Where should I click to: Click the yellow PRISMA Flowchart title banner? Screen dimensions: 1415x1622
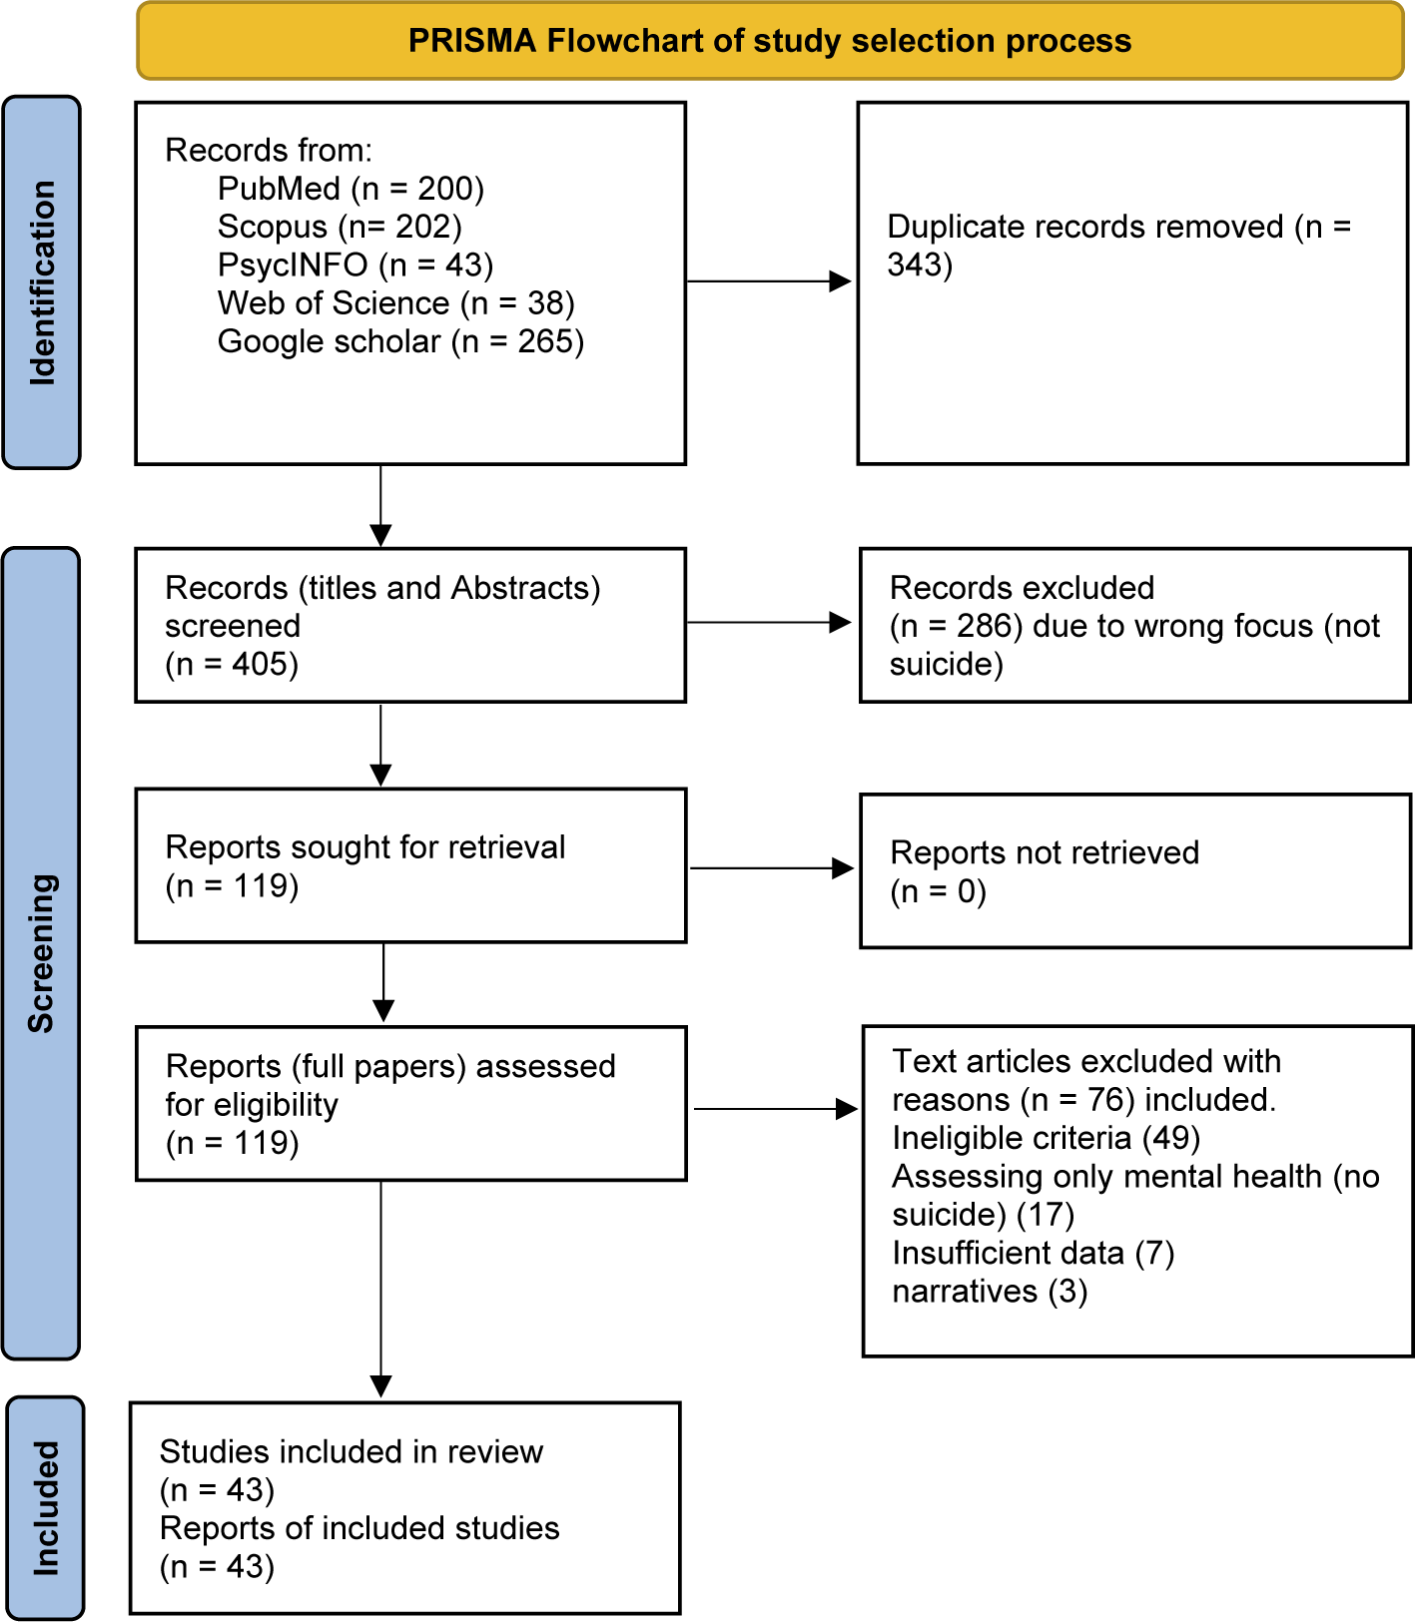[x=770, y=41]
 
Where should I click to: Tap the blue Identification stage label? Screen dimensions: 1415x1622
[x=42, y=282]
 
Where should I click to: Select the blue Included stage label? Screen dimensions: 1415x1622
[x=45, y=1507]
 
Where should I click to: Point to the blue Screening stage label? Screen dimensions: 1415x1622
[x=41, y=953]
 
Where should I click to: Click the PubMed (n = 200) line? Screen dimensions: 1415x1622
[x=351, y=189]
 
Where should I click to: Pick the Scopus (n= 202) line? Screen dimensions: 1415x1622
[x=340, y=227]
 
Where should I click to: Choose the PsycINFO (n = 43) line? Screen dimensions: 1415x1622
[x=355, y=265]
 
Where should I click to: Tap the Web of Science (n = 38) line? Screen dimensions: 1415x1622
[x=395, y=302]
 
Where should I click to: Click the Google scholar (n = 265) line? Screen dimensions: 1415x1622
[x=400, y=341]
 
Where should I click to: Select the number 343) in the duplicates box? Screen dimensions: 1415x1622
[x=920, y=265]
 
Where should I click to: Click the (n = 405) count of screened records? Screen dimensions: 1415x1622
[x=232, y=664]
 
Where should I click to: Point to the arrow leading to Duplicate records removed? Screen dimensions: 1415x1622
[x=769, y=281]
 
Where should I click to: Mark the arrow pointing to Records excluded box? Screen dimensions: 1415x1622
[x=769, y=623]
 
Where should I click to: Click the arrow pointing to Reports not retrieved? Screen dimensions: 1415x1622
[x=773, y=868]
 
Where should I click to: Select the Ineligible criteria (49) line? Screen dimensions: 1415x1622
[x=1046, y=1138]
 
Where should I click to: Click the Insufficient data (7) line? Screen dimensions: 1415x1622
[x=1033, y=1253]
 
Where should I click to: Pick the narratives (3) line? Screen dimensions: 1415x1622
[x=990, y=1292]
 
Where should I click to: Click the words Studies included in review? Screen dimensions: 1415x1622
[x=352, y=1451]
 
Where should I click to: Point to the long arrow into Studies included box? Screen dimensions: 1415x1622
[x=381, y=1289]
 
